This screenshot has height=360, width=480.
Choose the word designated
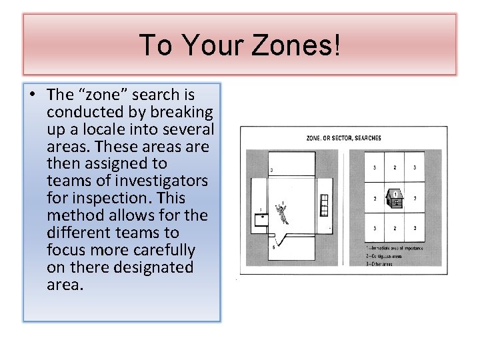(154, 267)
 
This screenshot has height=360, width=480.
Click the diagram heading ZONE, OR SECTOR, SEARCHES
(343, 138)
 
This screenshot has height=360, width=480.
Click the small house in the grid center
(395, 198)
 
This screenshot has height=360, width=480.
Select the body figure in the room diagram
(287, 213)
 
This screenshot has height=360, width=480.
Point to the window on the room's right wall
(325, 205)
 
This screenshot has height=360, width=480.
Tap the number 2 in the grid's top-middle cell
(395, 168)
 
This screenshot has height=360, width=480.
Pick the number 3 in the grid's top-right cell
(415, 168)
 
